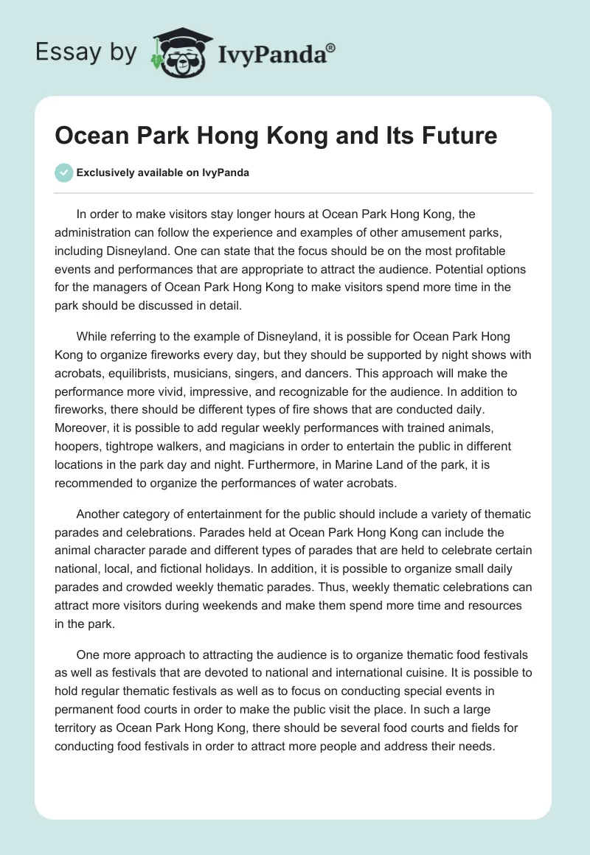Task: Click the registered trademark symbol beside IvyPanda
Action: pyautogui.click(x=331, y=48)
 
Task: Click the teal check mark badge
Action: pyautogui.click(x=64, y=173)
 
